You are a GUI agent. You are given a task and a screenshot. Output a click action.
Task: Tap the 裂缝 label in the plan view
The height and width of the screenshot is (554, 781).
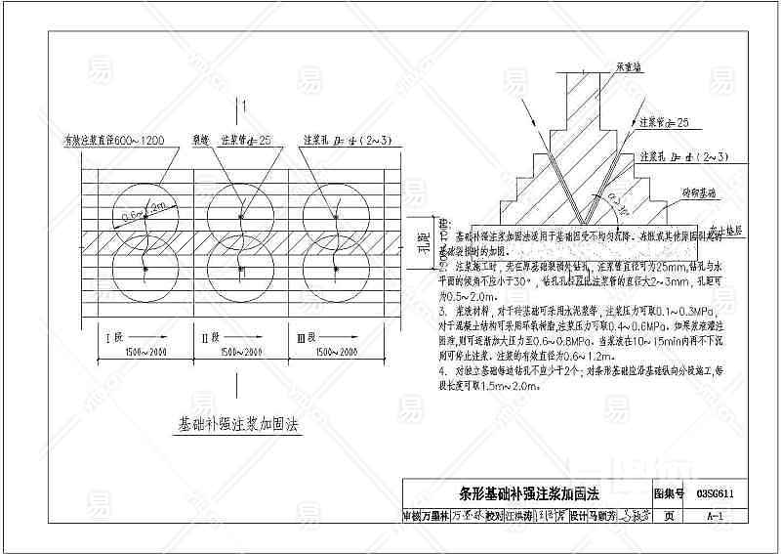[201, 139]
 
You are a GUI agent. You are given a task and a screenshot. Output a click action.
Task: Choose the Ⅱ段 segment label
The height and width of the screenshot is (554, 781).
[207, 338]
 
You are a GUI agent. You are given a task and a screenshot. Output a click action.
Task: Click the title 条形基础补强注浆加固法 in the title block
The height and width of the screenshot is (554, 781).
[528, 493]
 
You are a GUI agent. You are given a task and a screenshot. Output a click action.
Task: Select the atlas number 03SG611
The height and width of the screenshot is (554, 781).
[716, 493]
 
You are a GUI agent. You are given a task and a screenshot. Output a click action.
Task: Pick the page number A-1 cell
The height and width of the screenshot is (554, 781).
[716, 516]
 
